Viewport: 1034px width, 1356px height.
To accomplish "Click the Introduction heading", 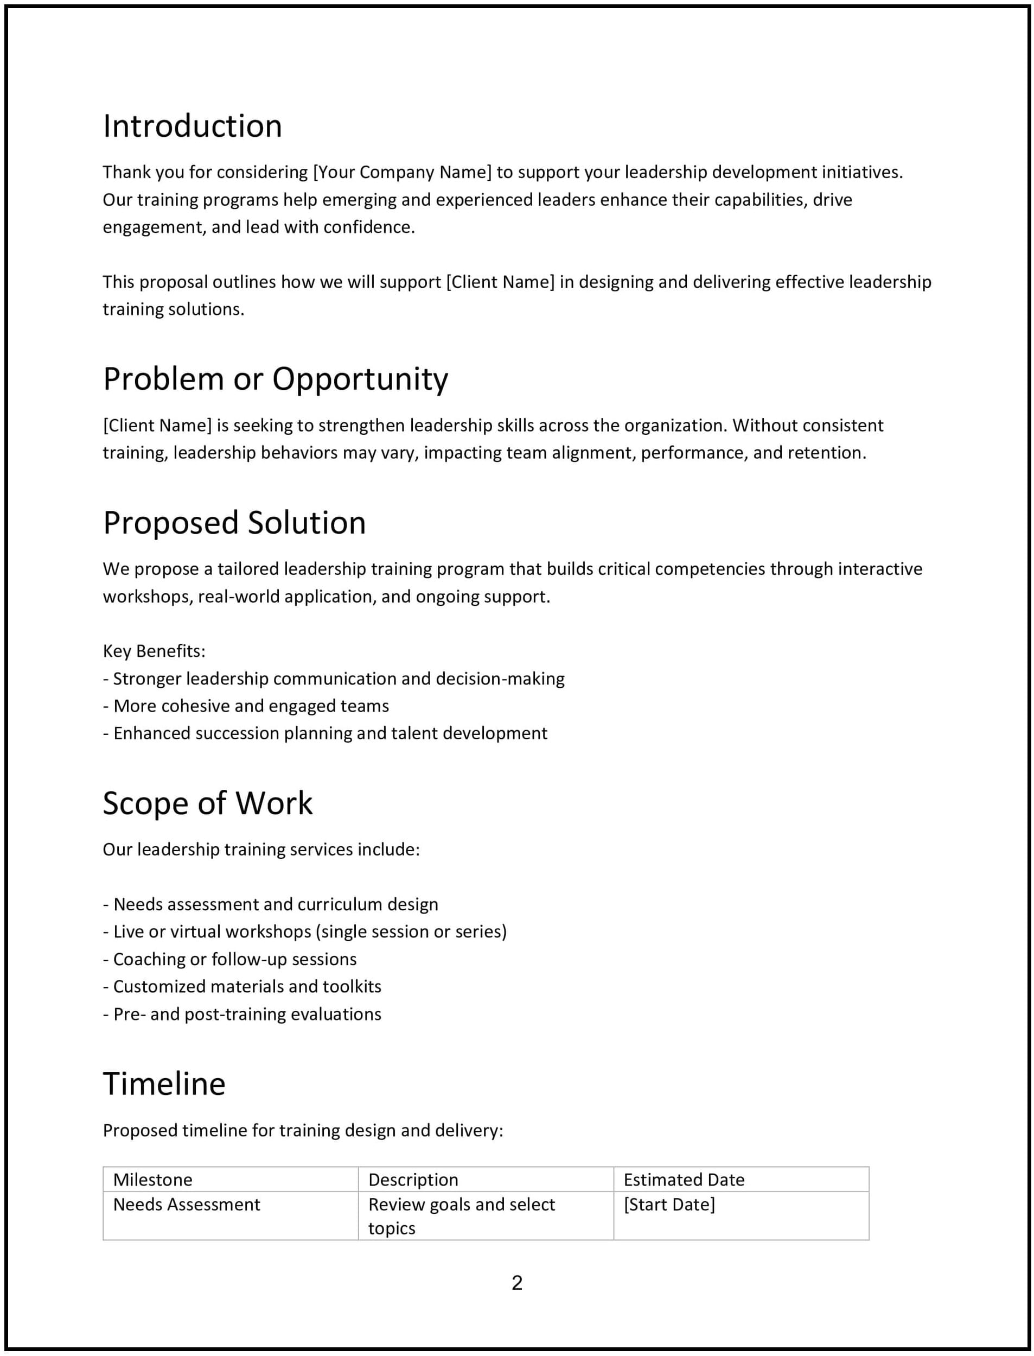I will (192, 126).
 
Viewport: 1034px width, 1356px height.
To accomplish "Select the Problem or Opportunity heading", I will (275, 379).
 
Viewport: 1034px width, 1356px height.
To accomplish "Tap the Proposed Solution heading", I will (234, 523).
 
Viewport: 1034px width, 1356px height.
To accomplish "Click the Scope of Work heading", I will (207, 803).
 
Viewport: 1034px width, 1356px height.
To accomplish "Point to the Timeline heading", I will (164, 1084).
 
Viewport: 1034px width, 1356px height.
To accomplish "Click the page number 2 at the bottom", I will (517, 1283).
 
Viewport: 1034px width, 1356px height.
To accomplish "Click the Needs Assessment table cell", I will (187, 1204).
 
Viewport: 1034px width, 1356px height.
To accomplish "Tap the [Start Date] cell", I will (669, 1204).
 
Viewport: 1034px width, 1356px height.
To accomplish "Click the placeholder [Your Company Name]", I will (403, 173).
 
